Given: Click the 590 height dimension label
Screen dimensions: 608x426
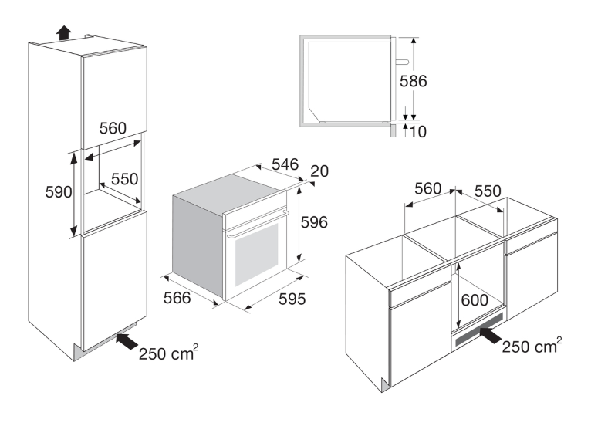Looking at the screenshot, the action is pos(59,191).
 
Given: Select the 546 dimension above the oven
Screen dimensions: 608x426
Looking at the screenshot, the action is pos(285,164).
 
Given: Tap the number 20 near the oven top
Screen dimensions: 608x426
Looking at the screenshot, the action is pos(319,171).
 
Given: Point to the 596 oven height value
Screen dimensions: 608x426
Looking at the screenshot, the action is pos(314,222).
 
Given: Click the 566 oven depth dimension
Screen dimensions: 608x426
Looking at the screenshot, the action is pos(177,298).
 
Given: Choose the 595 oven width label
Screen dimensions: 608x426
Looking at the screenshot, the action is pos(292,299).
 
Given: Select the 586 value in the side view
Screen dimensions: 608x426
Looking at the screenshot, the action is pos(414,81).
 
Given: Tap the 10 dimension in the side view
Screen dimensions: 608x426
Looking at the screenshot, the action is pos(417,132).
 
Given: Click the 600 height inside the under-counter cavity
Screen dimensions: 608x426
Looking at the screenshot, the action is pos(475,300).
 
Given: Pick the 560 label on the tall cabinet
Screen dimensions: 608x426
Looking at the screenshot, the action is pos(113,128).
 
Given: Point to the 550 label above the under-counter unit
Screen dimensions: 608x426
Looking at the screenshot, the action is pos(488,191).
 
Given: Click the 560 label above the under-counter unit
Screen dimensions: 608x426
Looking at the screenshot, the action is pos(427,188).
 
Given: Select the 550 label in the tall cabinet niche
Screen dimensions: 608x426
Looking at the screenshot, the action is pos(124,179).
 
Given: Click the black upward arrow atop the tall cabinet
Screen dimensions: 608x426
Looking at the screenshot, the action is pos(64,32).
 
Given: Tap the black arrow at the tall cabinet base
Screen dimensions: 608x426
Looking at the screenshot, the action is pos(127,340).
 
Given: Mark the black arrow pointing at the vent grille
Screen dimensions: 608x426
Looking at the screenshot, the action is pos(491,335).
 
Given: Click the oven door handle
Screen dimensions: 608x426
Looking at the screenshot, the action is pos(257,224).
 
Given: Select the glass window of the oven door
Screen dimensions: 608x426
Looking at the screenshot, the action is pos(256,254).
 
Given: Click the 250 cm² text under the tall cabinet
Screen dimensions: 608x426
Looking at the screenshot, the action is pos(168,352).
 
